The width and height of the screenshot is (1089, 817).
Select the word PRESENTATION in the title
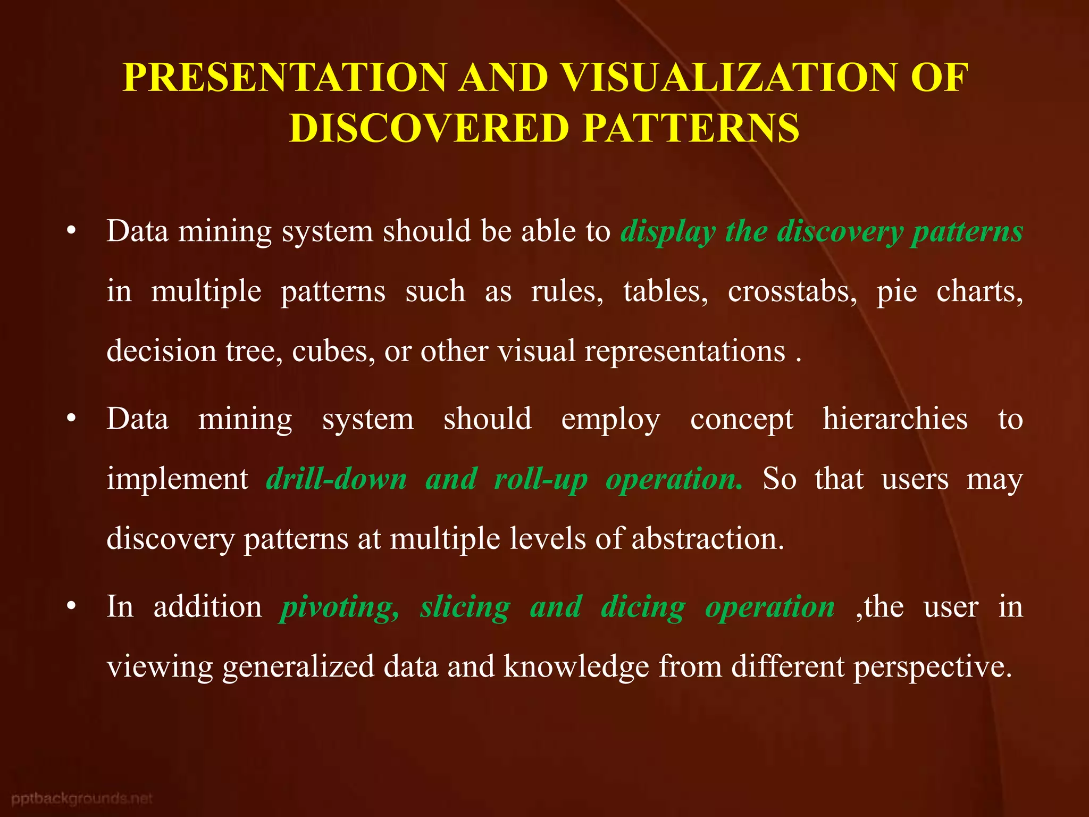285,78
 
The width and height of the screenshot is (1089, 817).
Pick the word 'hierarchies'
895,419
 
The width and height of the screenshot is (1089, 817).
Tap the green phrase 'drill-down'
337,479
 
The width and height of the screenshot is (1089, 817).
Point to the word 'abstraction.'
708,539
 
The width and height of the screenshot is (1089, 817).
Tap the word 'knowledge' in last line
576,667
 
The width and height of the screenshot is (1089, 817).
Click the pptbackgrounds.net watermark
82,798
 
